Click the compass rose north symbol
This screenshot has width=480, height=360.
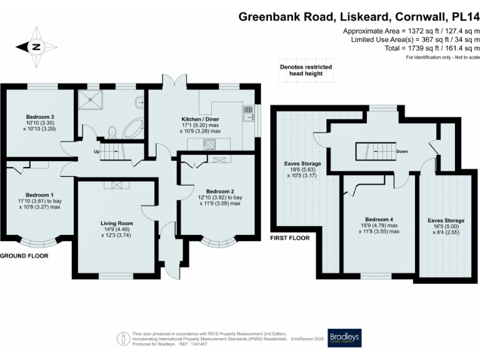point(36,46)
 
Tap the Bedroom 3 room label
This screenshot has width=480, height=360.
point(40,117)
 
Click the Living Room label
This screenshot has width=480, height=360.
point(117,222)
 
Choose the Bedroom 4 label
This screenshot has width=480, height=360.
point(379,219)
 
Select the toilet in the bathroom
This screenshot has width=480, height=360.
point(112,131)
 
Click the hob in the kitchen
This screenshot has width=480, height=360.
point(210,145)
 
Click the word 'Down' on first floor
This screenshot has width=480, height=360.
point(402,151)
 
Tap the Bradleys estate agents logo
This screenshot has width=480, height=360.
point(344,337)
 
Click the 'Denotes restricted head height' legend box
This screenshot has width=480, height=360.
point(306,71)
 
